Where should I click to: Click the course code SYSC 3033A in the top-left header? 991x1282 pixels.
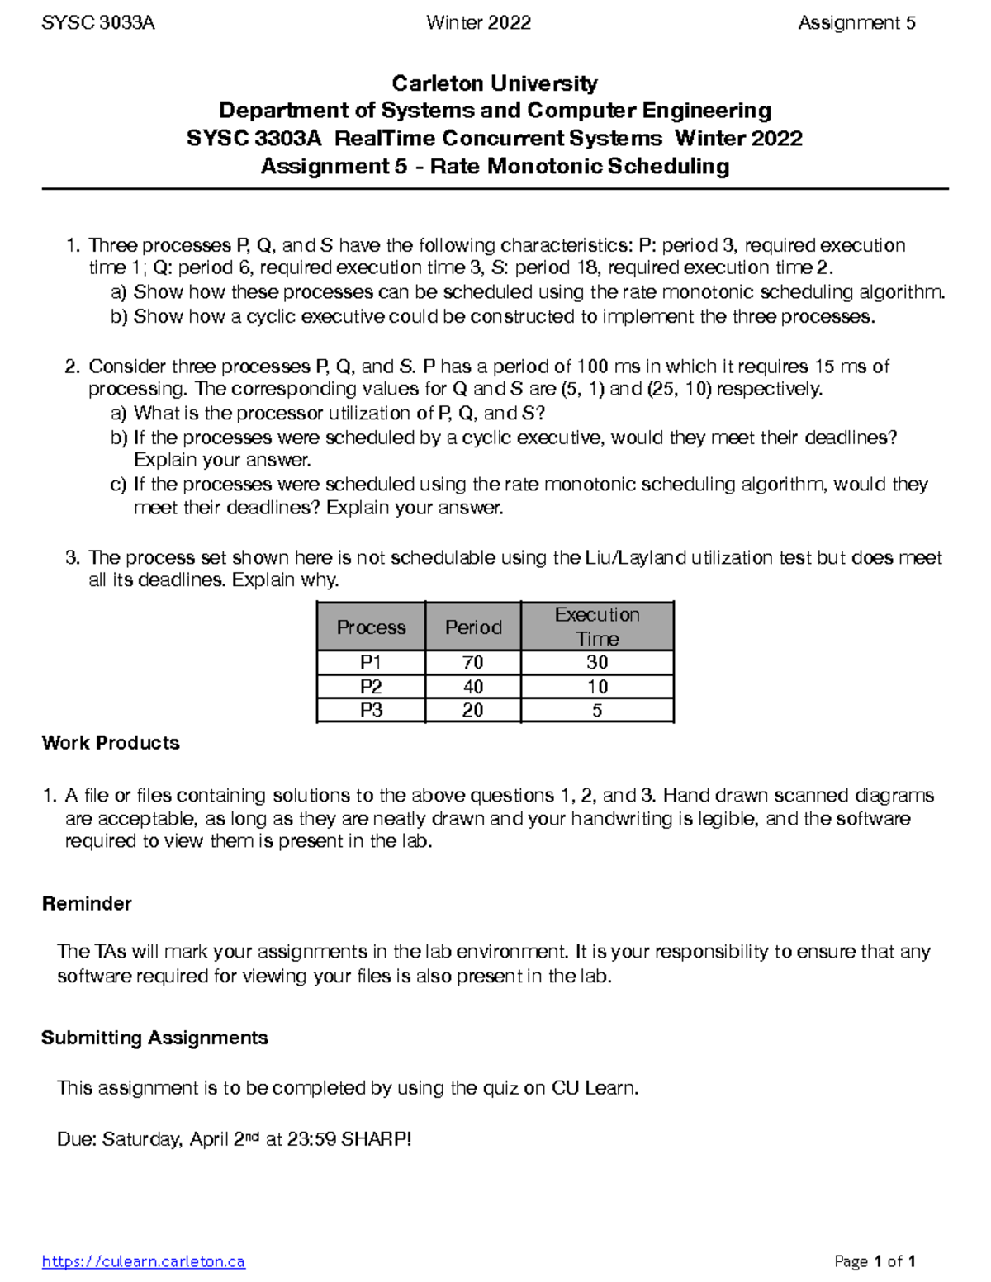[x=98, y=23]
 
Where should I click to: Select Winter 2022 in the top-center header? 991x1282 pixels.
[x=478, y=23]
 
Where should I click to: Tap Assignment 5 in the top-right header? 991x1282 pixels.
[x=856, y=23]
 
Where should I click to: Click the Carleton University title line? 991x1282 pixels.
[x=495, y=83]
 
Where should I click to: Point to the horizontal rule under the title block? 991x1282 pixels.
[x=495, y=189]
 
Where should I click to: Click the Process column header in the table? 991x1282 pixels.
[x=371, y=627]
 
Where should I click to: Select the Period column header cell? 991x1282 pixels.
[x=473, y=627]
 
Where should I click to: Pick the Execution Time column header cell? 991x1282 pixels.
[x=597, y=627]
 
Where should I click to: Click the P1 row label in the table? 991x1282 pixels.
[x=371, y=663]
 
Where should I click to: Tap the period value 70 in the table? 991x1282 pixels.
[x=473, y=663]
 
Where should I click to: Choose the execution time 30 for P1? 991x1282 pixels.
[x=597, y=663]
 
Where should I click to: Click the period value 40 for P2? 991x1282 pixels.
[x=473, y=687]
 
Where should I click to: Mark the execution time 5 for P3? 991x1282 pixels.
[x=597, y=711]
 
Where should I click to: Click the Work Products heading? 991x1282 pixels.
[x=111, y=743]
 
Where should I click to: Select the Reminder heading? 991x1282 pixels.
[x=87, y=904]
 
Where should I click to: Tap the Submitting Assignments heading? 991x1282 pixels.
[x=154, y=1038]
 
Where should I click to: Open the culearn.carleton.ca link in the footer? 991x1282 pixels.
[x=144, y=1261]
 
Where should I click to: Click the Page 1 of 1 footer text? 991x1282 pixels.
[x=875, y=1261]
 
